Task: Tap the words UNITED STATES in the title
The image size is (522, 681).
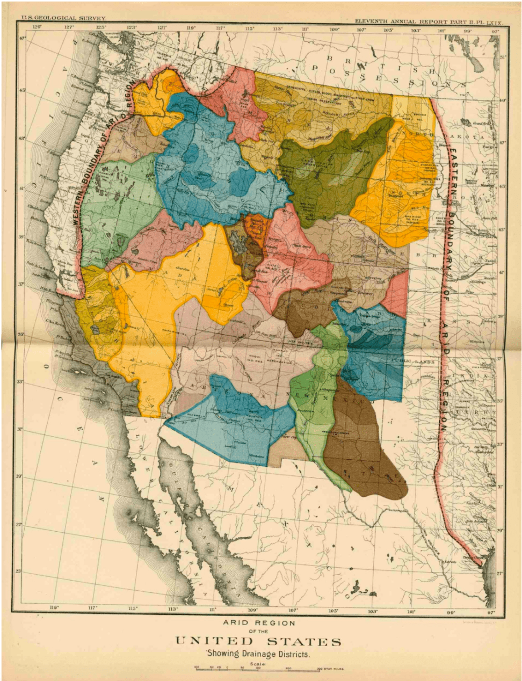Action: (258, 641)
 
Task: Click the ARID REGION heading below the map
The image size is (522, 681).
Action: (259, 623)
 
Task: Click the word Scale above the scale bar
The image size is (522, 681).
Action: (258, 664)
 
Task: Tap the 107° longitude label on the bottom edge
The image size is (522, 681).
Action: (293, 611)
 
